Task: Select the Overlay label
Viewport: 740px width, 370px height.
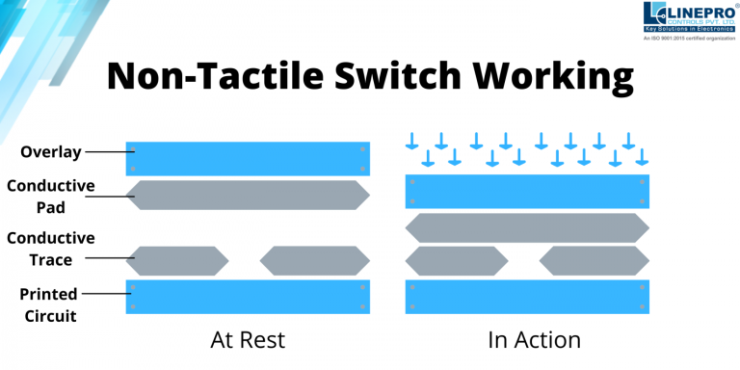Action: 50,152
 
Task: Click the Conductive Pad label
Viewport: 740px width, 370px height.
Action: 50,195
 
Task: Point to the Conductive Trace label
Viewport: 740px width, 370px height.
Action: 50,248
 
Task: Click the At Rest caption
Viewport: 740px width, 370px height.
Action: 248,340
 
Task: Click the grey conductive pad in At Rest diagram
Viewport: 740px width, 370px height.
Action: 248,196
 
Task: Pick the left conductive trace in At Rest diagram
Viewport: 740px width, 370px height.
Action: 177,260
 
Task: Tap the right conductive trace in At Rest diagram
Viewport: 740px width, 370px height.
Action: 315,260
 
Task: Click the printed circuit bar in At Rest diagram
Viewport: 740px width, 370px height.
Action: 248,296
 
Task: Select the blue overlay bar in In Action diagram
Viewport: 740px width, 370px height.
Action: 527,192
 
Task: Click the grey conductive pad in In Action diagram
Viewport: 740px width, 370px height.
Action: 527,227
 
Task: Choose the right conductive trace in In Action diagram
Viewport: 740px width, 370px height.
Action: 595,260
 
